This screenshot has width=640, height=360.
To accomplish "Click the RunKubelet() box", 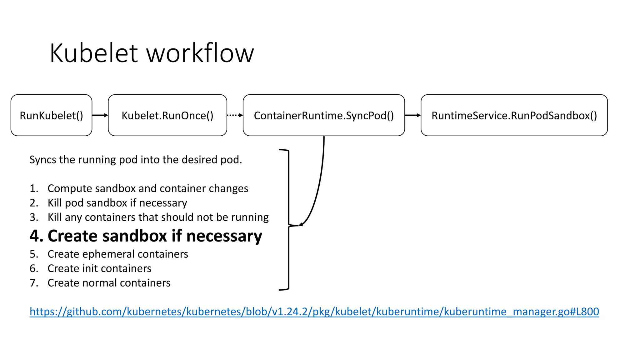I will coord(51,115).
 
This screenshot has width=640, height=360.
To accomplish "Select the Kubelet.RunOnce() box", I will coord(167,115).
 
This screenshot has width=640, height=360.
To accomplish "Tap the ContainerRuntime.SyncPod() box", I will coord(323,115).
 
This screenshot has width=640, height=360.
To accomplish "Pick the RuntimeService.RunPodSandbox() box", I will coord(514,115).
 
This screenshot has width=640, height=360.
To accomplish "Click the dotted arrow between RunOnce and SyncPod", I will coord(235,115).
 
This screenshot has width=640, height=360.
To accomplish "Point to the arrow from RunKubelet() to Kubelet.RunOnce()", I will coord(100,115).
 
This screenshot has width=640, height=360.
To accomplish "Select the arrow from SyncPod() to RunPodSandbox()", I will coord(412,115).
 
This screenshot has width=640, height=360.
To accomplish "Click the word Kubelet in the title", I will coord(93,53).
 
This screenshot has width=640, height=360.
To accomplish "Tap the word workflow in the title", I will coord(200,53).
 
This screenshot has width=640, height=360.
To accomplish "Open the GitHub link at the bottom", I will coord(314,312).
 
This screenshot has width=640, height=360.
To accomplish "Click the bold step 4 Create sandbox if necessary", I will coord(146,236).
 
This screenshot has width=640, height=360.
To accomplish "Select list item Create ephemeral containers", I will coord(117,254).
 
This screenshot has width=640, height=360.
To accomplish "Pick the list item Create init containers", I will coord(99,268).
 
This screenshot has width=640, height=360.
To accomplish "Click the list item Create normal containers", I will coord(109,283).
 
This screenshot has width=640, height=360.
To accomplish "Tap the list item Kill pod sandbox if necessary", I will coord(117,203).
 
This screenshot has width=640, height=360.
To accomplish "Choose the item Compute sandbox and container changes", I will coord(147,188).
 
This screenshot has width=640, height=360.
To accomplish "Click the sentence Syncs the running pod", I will coord(136,160).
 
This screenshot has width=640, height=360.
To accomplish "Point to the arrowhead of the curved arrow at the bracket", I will coord(301,224).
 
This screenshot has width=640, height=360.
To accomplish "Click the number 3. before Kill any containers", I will coord(34,217).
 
